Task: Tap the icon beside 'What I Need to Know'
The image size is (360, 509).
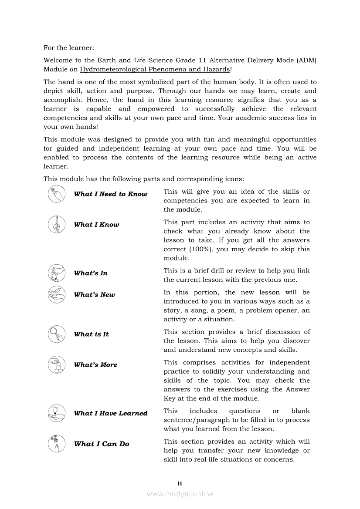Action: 57,194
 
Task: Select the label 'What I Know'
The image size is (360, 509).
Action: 96,225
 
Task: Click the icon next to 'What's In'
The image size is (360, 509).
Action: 57,273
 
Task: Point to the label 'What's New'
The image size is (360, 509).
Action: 95,295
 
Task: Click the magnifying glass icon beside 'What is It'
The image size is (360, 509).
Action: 57,334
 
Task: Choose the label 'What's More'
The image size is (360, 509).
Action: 95,365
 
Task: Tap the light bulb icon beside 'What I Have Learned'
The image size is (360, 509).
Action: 57,413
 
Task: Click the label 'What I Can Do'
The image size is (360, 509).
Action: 102,444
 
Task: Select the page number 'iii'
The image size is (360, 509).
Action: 180,483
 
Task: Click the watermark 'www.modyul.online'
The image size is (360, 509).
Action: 180,494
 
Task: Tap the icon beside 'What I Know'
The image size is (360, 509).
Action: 57,225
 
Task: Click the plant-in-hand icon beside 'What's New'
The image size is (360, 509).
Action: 57,295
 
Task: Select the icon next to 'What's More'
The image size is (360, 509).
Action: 57,365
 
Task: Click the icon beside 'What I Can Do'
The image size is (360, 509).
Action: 57,444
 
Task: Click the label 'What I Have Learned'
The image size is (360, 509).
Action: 111,414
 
